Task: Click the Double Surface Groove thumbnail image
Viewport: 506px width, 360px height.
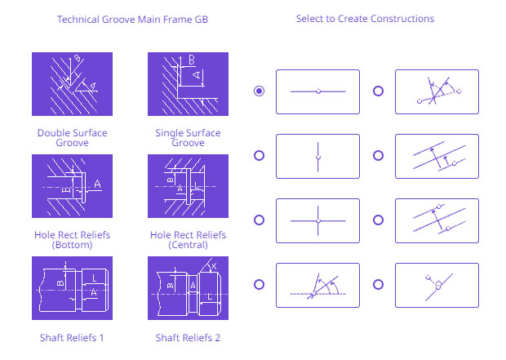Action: [72, 84]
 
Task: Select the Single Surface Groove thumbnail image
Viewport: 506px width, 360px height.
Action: [188, 84]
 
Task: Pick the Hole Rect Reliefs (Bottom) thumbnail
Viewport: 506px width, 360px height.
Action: [72, 186]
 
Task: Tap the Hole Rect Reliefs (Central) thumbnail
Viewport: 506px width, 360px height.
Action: [188, 186]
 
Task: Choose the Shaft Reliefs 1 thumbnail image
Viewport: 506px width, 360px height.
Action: [72, 288]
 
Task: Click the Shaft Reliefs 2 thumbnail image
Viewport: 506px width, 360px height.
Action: [188, 288]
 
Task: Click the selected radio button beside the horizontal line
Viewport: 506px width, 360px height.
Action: [259, 91]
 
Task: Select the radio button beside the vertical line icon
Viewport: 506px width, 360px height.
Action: [259, 156]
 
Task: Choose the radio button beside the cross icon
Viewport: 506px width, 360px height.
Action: [259, 220]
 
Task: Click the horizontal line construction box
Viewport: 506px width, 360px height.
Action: [317, 91]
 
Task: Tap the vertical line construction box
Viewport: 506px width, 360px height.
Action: [317, 156]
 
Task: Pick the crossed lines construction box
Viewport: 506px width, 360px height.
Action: [317, 221]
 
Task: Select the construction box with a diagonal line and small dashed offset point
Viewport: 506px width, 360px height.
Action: [437, 286]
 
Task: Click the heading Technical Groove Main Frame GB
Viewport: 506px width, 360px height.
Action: [132, 20]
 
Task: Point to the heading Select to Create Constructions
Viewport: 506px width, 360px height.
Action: [365, 19]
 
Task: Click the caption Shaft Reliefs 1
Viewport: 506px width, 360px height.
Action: [72, 338]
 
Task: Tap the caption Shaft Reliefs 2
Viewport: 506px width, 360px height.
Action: [188, 338]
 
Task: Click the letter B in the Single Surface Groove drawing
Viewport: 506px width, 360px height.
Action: [192, 60]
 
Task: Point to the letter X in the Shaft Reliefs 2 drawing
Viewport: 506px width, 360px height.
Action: [214, 266]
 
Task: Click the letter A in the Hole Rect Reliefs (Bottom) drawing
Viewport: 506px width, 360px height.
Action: [97, 184]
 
